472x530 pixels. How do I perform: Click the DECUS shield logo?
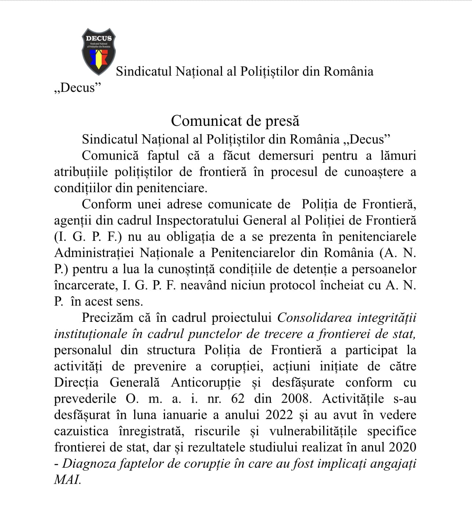coord(99,51)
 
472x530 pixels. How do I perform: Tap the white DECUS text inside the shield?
coord(99,38)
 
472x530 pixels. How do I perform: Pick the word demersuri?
coord(286,156)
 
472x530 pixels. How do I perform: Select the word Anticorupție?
coord(206,383)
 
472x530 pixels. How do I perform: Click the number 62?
coord(238,399)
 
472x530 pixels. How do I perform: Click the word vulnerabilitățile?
coord(313,431)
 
